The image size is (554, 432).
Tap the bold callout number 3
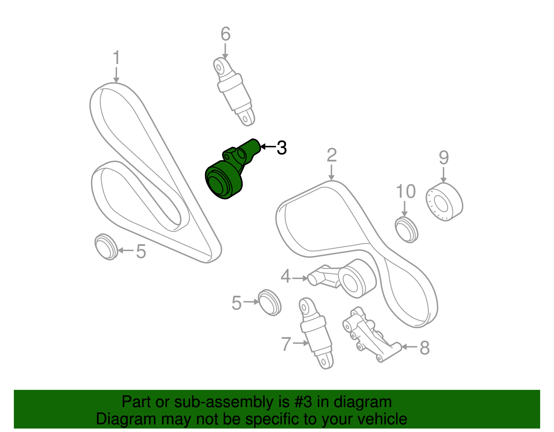282,148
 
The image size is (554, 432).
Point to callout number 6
226,34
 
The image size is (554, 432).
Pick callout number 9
444,157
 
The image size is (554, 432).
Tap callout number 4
286,276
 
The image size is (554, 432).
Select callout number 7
286,344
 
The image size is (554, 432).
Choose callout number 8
425,348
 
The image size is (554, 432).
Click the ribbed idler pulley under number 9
444,202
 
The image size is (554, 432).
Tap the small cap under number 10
406,230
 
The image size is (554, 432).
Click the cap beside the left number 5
106,247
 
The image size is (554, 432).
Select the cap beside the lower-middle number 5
269,303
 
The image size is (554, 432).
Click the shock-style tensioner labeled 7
316,333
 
